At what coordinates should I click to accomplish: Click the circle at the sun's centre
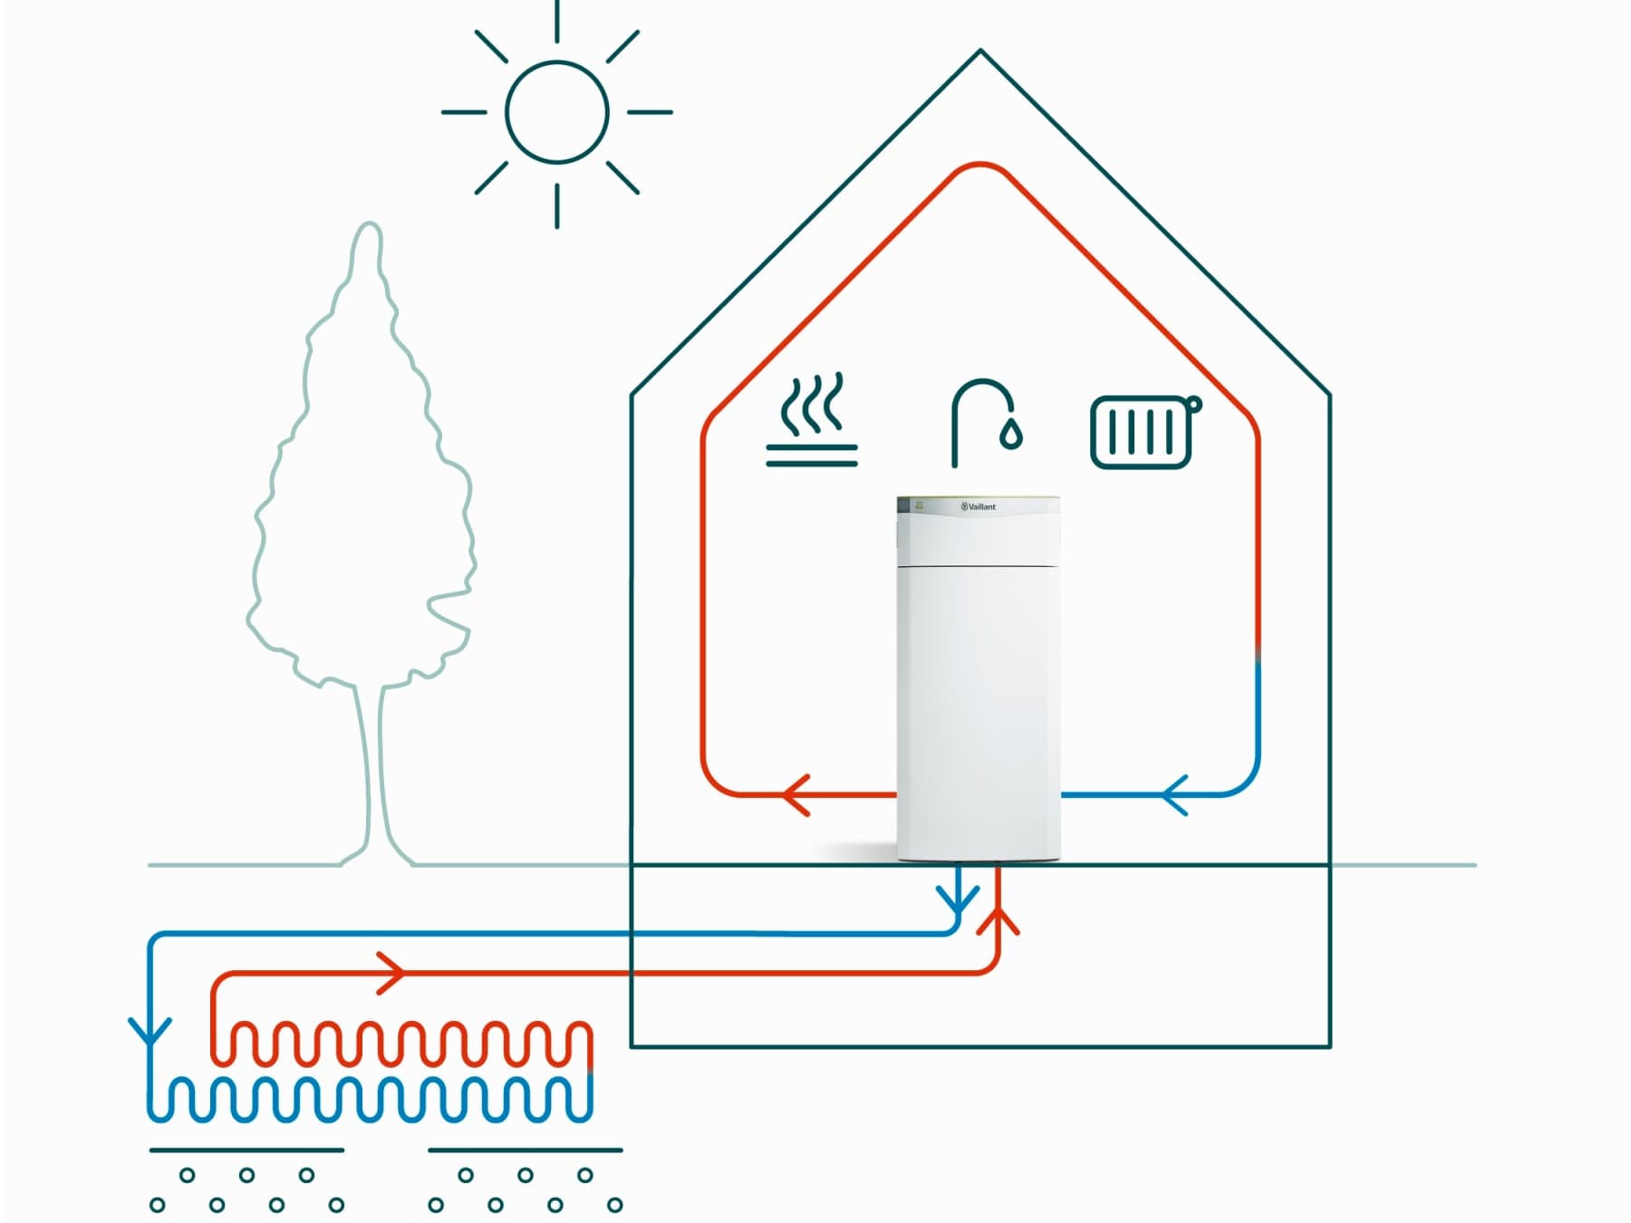click(556, 112)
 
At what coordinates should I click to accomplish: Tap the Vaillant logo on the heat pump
click(979, 506)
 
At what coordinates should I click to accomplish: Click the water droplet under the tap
click(1011, 435)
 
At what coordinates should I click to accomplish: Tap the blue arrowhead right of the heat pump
click(1174, 795)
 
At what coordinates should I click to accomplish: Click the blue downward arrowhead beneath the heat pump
click(958, 900)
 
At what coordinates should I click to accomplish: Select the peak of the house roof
click(980, 53)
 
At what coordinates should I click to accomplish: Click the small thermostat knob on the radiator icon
click(1193, 404)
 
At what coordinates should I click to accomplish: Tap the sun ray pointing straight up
click(556, 20)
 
